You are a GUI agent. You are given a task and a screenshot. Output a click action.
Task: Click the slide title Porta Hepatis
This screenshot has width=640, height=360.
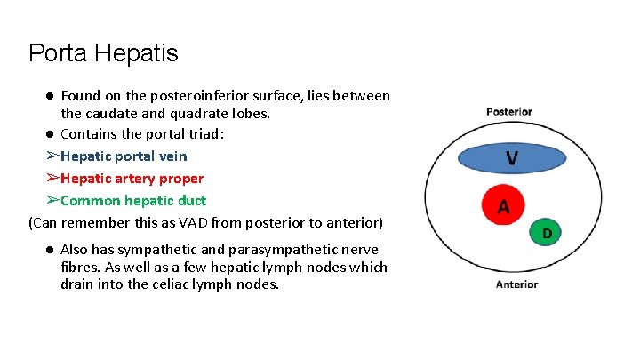[x=103, y=53]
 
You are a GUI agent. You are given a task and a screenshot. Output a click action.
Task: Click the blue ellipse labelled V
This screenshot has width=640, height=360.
[x=512, y=158]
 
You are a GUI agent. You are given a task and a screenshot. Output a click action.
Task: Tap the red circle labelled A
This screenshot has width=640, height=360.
[x=503, y=206]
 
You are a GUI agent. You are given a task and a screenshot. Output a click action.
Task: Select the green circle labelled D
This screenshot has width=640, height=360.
[x=547, y=233]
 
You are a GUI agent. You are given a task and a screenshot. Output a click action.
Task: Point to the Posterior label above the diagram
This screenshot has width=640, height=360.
[x=509, y=112]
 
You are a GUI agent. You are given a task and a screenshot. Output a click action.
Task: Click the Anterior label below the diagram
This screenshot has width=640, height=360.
[x=516, y=284]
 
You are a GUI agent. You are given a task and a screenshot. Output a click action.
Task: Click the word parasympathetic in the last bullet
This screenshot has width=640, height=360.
[x=280, y=250]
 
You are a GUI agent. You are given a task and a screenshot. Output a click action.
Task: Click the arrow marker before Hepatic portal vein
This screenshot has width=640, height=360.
[x=52, y=156]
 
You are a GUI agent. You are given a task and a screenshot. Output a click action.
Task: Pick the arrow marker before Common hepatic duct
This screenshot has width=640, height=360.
[x=52, y=201]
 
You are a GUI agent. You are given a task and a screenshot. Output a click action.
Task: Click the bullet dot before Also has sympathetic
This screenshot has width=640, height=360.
[x=52, y=250]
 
